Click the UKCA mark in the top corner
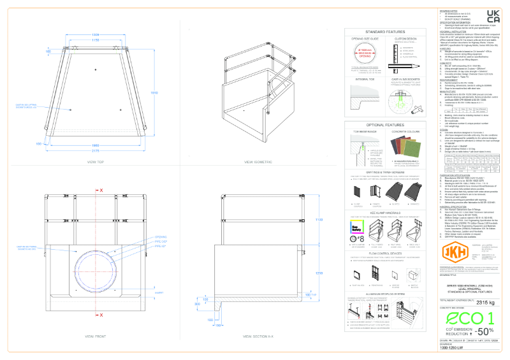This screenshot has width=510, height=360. (x=493, y=16)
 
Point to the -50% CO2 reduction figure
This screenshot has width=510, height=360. (x=483, y=331)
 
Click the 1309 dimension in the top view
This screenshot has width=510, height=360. (x=95, y=34)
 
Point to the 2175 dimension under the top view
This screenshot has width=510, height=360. (x=94, y=152)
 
